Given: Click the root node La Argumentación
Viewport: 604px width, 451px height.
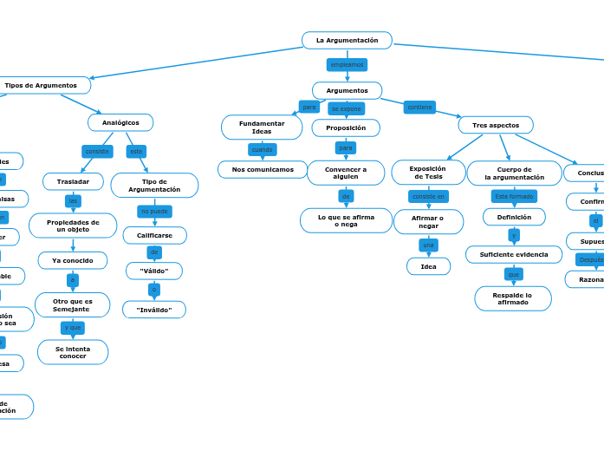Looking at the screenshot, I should pyautogui.click(x=347, y=40).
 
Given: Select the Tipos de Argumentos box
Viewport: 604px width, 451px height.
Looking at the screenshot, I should pyautogui.click(x=41, y=85).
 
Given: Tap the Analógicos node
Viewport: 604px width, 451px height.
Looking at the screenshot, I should pyautogui.click(x=120, y=122).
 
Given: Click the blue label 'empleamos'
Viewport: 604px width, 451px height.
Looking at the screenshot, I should pyautogui.click(x=347, y=65).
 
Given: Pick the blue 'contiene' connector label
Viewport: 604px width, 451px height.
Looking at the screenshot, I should pyautogui.click(x=419, y=107).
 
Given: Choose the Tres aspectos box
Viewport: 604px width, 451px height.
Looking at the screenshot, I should pyautogui.click(x=496, y=125).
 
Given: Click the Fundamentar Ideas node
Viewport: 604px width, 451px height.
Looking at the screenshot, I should pyautogui.click(x=262, y=127).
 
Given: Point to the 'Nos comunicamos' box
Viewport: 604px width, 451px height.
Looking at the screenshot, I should pyautogui.click(x=263, y=169).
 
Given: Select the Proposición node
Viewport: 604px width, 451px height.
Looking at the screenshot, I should pyautogui.click(x=346, y=127).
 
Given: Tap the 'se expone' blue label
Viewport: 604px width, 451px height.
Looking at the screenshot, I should pyautogui.click(x=346, y=108).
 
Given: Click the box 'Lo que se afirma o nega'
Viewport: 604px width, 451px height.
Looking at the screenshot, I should pyautogui.click(x=346, y=220).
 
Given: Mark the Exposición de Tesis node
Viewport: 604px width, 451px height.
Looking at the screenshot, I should pyautogui.click(x=427, y=173).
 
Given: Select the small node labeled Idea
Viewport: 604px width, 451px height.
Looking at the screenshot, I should pyautogui.click(x=428, y=266).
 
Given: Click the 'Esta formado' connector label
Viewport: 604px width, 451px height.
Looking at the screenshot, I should pyautogui.click(x=514, y=196).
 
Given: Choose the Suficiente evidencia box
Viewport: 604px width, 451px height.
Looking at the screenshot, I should pyautogui.click(x=514, y=254).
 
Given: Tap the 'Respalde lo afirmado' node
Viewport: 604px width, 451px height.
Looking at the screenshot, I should pyautogui.click(x=513, y=298).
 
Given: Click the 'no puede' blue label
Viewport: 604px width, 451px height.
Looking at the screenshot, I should pyautogui.click(x=154, y=211).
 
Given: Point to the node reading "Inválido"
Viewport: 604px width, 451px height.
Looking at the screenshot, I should pyautogui.click(x=154, y=310).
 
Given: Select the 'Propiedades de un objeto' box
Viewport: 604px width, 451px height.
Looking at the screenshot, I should pyautogui.click(x=73, y=225).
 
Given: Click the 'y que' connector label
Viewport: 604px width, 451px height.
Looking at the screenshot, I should pyautogui.click(x=73, y=327).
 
